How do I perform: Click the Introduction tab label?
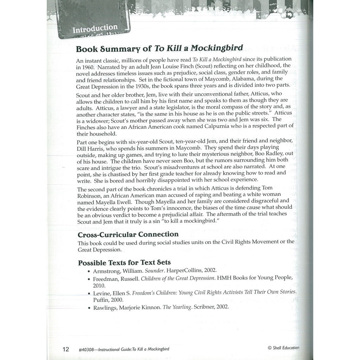[95, 28]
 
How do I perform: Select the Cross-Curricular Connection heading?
[128, 234]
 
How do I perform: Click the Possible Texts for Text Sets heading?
[124, 263]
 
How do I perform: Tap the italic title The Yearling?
[177, 307]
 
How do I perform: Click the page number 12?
[66, 349]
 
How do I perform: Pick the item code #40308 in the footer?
[88, 349]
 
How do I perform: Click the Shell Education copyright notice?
[283, 348]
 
